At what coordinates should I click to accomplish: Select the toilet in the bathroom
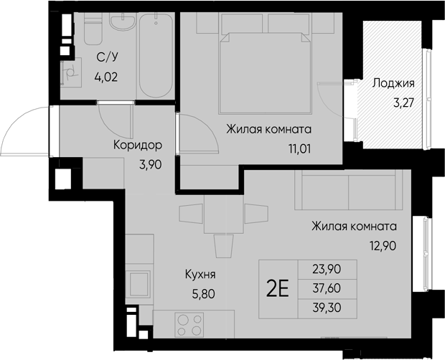pyautogui.click(x=92, y=33)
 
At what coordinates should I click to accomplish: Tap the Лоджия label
pyautogui.click(x=393, y=83)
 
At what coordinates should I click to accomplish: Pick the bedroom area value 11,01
pyautogui.click(x=295, y=151)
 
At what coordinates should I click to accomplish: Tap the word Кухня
pyautogui.click(x=201, y=274)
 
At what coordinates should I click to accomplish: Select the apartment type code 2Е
pyautogui.click(x=278, y=289)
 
